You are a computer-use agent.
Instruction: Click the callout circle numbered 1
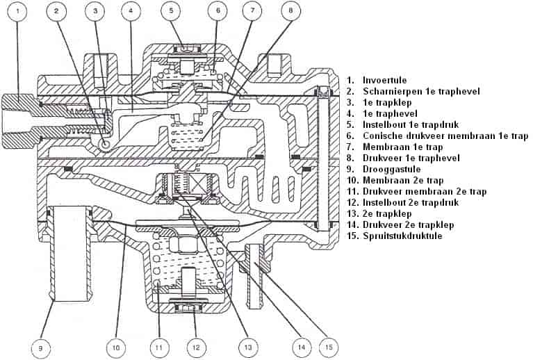coord(19,11)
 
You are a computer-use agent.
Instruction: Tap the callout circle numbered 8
coord(291,11)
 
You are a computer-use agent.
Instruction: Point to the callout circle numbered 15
coord(329,345)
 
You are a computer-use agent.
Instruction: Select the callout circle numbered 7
coord(253,11)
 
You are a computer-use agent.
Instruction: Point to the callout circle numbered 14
coord(300,345)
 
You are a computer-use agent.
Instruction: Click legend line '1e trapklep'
coord(386,102)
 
